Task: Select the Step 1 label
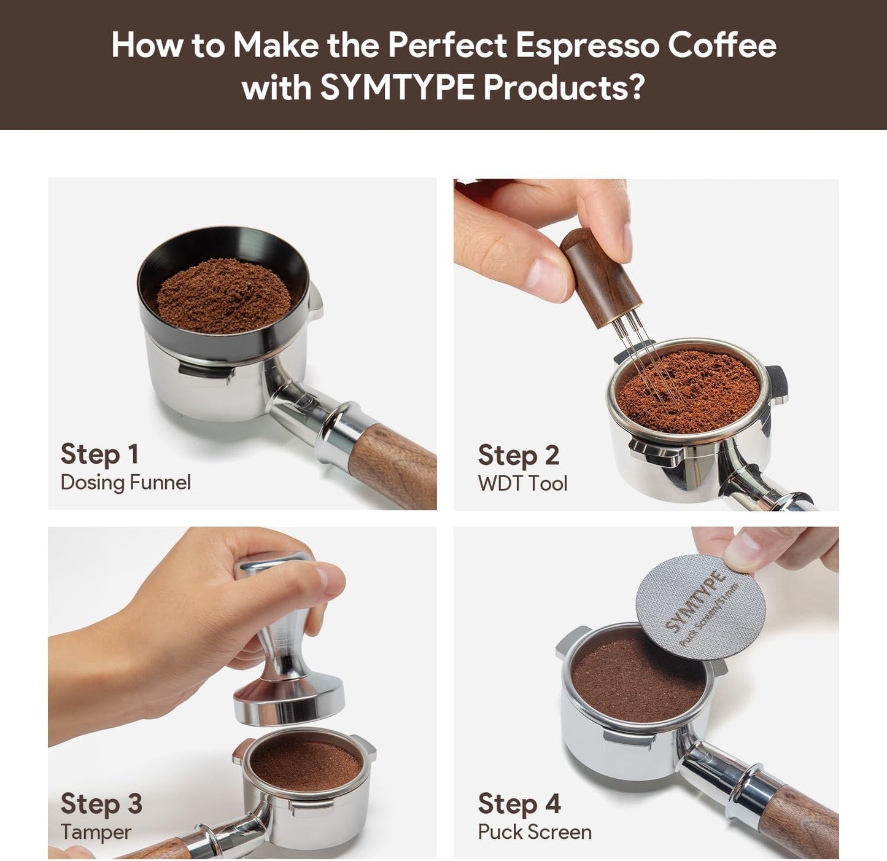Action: tap(99, 454)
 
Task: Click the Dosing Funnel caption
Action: tap(125, 482)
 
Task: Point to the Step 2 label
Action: tap(518, 456)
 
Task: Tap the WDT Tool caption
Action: tap(522, 483)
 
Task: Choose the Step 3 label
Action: tap(101, 804)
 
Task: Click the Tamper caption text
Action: tap(96, 832)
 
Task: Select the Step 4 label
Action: tap(519, 804)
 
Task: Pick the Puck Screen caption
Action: tap(535, 832)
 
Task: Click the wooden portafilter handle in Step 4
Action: tap(804, 823)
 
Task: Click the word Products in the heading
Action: tap(564, 87)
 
